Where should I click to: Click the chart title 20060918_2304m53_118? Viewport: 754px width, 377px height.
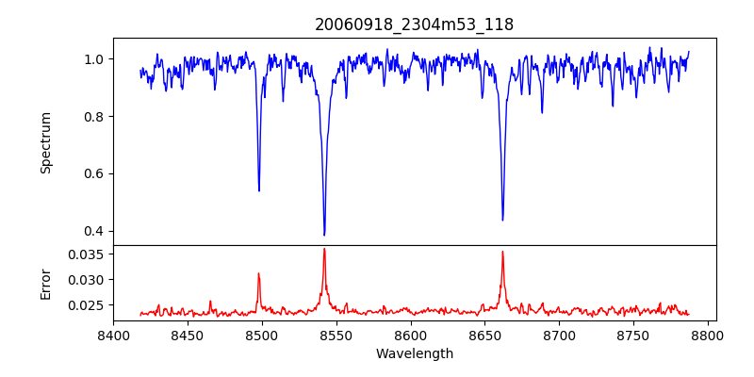click(414, 25)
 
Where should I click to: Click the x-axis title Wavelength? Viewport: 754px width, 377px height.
click(414, 353)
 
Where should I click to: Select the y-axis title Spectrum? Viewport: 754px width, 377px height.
click(45, 142)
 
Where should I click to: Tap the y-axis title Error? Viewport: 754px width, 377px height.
click(45, 283)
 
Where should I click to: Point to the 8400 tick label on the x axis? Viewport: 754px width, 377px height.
click(113, 335)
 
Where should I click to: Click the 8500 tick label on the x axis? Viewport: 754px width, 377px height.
click(262, 335)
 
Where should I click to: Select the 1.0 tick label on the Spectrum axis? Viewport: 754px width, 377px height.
click(95, 59)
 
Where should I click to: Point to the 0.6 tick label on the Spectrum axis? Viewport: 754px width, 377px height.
click(95, 173)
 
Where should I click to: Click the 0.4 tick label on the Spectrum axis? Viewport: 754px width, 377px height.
click(95, 231)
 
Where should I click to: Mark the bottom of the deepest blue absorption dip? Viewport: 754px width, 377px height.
click(324, 235)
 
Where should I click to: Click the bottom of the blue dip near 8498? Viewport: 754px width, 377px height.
click(259, 190)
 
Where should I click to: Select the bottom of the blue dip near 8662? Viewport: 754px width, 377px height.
click(502, 220)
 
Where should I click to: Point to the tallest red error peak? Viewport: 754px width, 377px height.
click(324, 249)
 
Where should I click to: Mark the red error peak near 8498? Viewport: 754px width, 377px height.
click(259, 274)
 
